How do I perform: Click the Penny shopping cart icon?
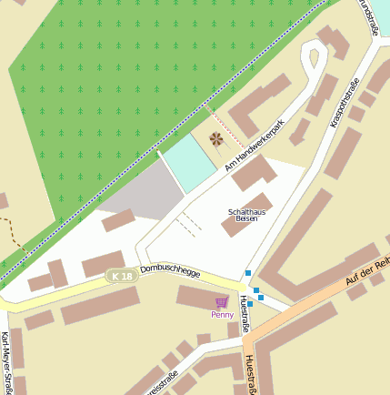[222, 301]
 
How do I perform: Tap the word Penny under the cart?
[222, 315]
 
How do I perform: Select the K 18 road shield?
[118, 275]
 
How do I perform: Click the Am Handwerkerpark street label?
[255, 145]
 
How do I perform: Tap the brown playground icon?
[215, 139]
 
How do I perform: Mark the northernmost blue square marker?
[247, 273]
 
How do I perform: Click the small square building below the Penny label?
[233, 329]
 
